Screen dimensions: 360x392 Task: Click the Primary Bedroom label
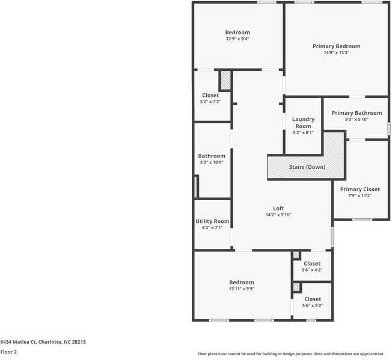[x=336, y=46]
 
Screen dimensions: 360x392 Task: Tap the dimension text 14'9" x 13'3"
[x=336, y=53]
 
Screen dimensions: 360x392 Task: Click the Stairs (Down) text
[x=307, y=166]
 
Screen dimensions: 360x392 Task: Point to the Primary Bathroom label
[x=357, y=113]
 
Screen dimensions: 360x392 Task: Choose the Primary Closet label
[x=360, y=189]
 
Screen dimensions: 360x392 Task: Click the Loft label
[x=278, y=208]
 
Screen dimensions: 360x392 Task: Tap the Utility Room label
[x=212, y=221]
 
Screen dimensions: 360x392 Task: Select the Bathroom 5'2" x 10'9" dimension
[x=212, y=162]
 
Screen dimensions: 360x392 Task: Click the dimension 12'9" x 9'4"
[x=237, y=39]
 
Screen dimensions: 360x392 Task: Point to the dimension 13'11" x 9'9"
[x=241, y=288]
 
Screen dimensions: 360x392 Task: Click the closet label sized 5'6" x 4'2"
[x=312, y=263]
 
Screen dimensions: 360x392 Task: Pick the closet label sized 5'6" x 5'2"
[x=312, y=299]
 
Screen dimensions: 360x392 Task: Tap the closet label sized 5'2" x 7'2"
[x=210, y=95]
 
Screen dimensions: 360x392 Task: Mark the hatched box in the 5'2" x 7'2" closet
[x=225, y=81]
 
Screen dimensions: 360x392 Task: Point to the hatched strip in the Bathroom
[x=196, y=186]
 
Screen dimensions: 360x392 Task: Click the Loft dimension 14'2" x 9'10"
[x=278, y=215]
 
